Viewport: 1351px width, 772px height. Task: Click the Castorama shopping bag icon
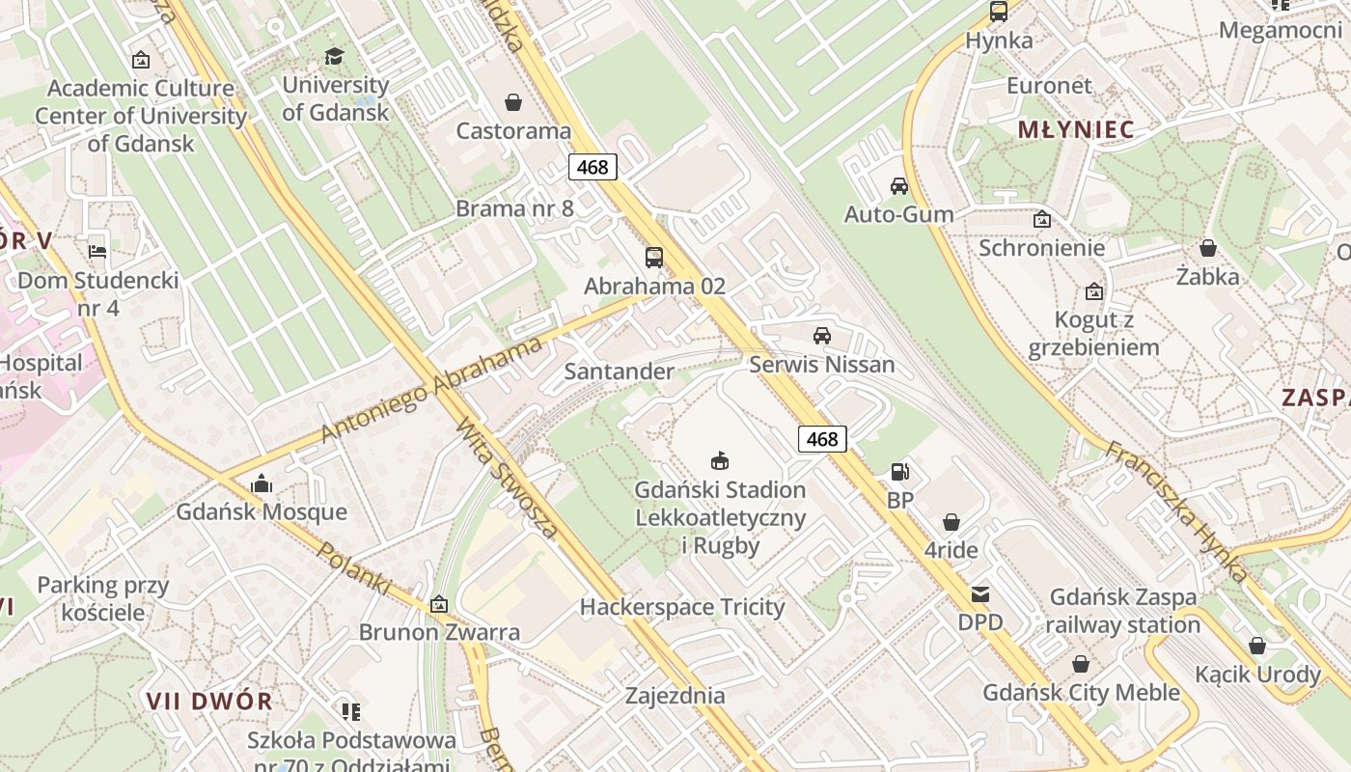click(x=513, y=102)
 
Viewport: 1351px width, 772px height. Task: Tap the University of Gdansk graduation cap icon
click(x=334, y=57)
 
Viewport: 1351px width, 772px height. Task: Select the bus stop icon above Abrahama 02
click(x=654, y=258)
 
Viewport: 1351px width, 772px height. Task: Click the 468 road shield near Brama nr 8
click(x=593, y=167)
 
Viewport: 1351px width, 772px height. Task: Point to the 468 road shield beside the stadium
click(x=822, y=439)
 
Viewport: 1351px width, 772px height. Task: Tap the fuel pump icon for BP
click(x=899, y=472)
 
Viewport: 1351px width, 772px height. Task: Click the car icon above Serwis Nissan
click(x=822, y=336)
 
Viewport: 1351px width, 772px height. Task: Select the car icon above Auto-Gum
click(x=899, y=186)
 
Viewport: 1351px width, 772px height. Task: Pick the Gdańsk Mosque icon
click(x=261, y=483)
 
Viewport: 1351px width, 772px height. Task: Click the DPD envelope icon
click(x=980, y=594)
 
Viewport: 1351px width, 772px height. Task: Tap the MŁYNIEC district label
click(x=1076, y=130)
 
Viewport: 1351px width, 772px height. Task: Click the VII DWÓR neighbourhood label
click(x=209, y=701)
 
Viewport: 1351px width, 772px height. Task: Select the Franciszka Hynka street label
click(x=1175, y=511)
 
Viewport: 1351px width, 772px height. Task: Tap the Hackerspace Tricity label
click(x=682, y=607)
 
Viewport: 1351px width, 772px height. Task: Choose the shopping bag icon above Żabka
click(x=1207, y=248)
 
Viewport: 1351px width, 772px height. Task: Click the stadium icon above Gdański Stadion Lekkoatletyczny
click(x=719, y=460)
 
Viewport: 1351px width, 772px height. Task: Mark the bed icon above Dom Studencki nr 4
click(x=97, y=252)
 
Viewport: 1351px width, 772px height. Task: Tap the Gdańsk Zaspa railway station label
click(x=1123, y=611)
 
